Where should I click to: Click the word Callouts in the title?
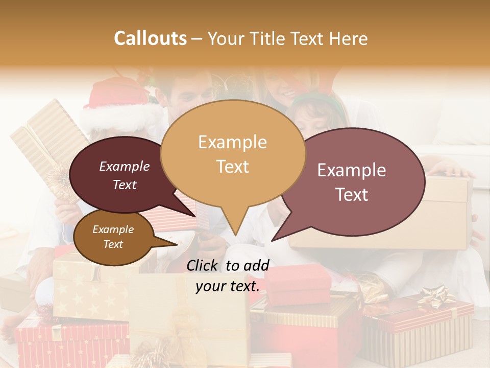(150, 38)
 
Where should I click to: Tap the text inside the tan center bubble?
(232, 154)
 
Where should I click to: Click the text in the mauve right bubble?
(352, 182)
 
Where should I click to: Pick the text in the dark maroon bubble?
(125, 175)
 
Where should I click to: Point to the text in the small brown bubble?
(113, 237)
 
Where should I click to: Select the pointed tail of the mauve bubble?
(278, 235)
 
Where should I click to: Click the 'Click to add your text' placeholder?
(227, 276)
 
